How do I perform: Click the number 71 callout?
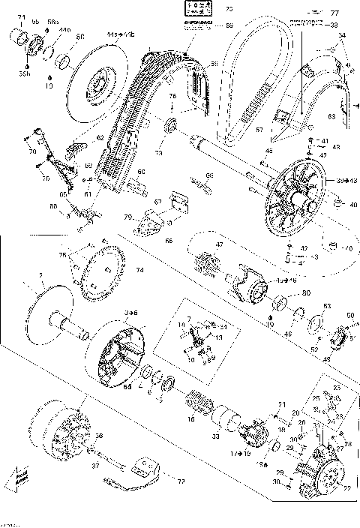(21, 16)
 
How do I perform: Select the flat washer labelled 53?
(316, 323)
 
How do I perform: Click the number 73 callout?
(158, 153)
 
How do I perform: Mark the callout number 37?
(94, 464)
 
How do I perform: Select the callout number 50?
(349, 316)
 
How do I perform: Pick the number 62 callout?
(99, 136)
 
